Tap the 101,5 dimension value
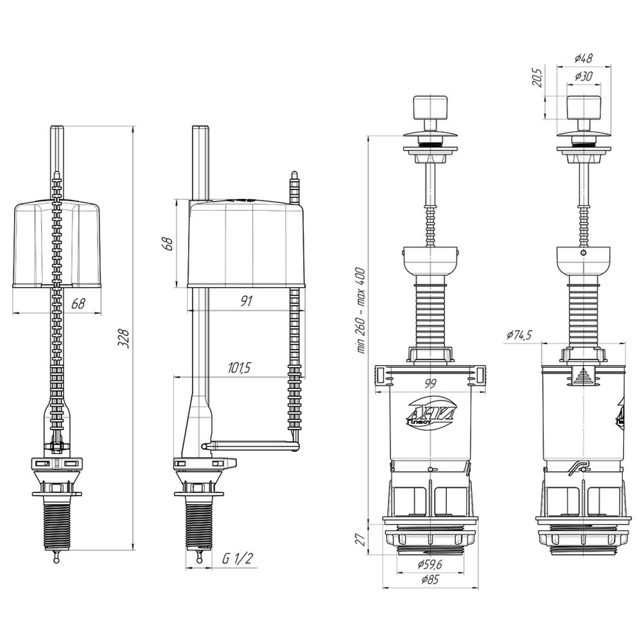[239, 368]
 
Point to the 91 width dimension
[247, 301]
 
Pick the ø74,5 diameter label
[519, 335]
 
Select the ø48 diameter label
[584, 58]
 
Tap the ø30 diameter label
[584, 76]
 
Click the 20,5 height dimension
[538, 78]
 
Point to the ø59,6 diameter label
[430, 564]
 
